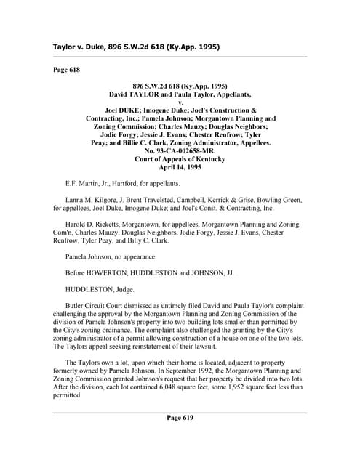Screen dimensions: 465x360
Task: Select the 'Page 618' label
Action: click(66, 70)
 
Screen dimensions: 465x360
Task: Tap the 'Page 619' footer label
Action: click(180, 418)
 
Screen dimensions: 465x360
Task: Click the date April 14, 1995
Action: click(180, 167)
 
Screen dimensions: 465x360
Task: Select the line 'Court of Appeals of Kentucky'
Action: click(180, 159)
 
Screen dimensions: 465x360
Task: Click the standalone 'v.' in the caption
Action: click(180, 102)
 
